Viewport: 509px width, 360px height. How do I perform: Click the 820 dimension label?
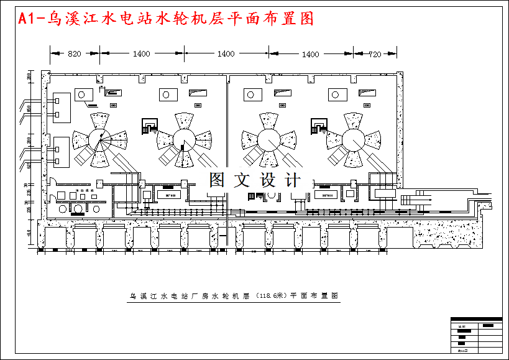point(74,54)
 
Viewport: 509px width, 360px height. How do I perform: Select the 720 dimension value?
point(374,54)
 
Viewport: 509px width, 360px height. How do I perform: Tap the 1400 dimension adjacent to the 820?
point(141,54)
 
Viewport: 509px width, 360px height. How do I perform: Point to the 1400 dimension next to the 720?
point(310,54)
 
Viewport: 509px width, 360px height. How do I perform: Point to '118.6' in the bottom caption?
point(270,295)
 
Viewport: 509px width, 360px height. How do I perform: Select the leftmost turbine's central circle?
point(97,138)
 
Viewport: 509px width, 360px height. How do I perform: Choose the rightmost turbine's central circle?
point(352,138)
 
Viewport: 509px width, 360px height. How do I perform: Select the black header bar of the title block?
point(487,325)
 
